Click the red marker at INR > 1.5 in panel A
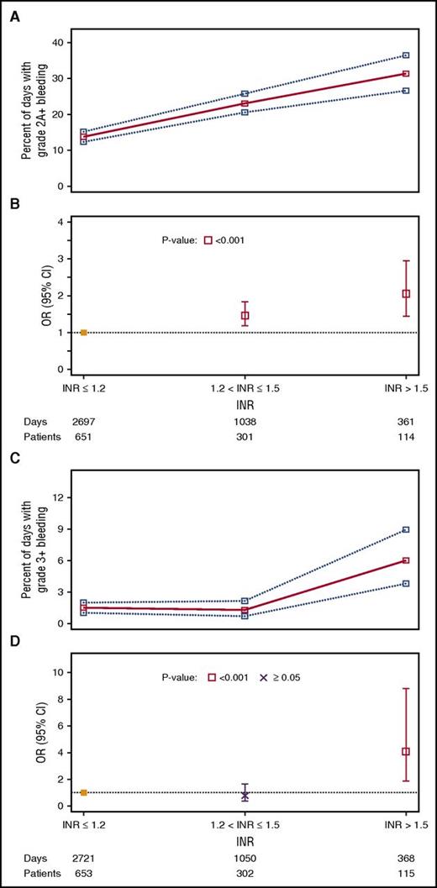406,74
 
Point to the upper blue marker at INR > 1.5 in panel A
406,55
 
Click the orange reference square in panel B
83,333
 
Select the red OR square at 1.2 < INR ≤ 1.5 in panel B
245,316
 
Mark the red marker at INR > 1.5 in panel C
406,560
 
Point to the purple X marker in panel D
245,795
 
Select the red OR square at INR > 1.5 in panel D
406,752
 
